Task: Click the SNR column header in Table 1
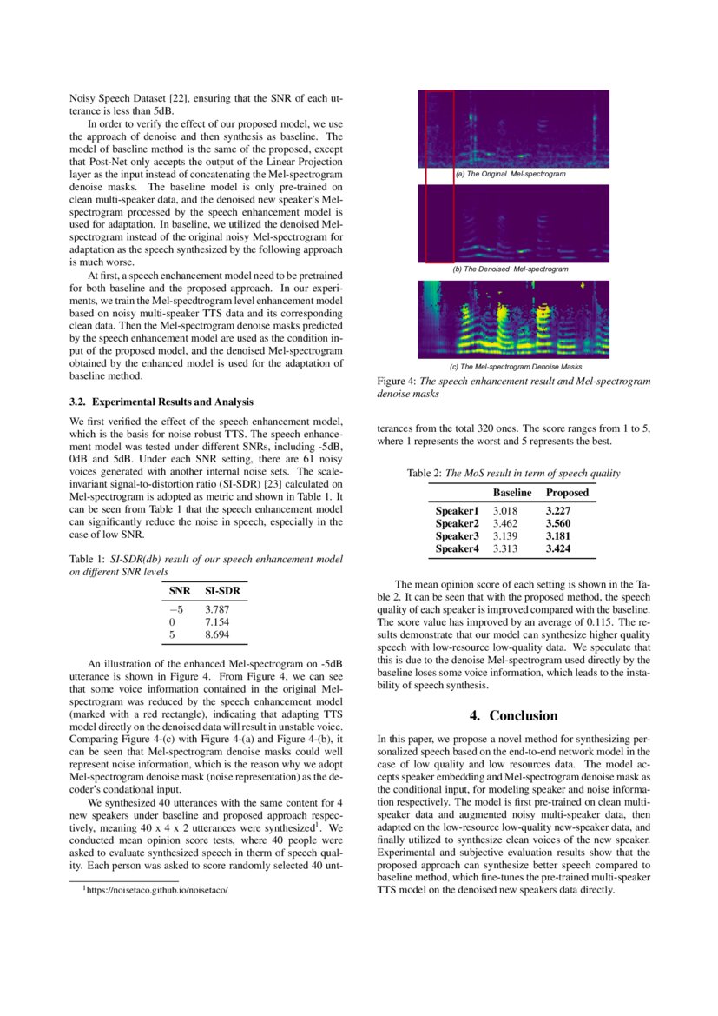pyautogui.click(x=180, y=591)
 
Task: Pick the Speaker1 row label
pyautogui.click(x=457, y=511)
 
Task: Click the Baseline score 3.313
pyautogui.click(x=506, y=548)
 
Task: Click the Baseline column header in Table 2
pyautogui.click(x=512, y=493)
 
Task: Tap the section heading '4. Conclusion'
pyautogui.click(x=513, y=715)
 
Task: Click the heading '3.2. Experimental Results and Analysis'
pyautogui.click(x=161, y=402)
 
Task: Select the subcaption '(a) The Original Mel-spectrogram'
pyautogui.click(x=511, y=175)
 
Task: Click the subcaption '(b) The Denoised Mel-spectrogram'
pyautogui.click(x=511, y=269)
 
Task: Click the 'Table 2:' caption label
pyautogui.click(x=425, y=473)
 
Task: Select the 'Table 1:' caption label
pyautogui.click(x=88, y=560)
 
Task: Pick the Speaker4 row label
pyautogui.click(x=457, y=548)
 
